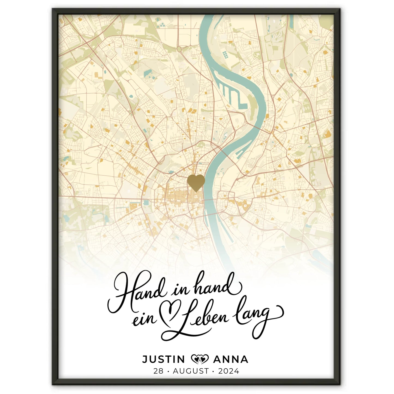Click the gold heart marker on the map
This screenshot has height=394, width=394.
tap(196, 183)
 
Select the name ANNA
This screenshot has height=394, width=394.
tap(230, 359)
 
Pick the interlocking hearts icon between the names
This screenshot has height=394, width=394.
tap(200, 359)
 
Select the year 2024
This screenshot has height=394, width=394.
tap(228, 371)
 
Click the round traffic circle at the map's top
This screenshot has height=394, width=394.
tap(179, 49)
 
